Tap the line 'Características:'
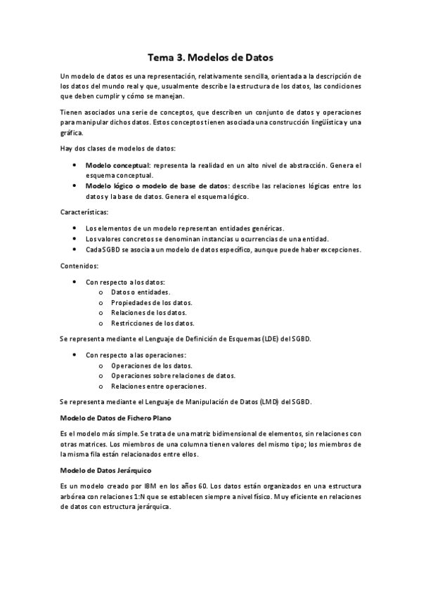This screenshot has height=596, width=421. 84,211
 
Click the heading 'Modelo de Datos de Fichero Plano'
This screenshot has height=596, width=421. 117,417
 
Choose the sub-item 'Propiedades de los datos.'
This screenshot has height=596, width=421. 151,302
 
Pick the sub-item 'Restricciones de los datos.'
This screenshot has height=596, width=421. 153,323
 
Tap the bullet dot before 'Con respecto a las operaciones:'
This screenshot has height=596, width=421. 75,355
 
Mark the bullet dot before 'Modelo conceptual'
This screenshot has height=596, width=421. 75,165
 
